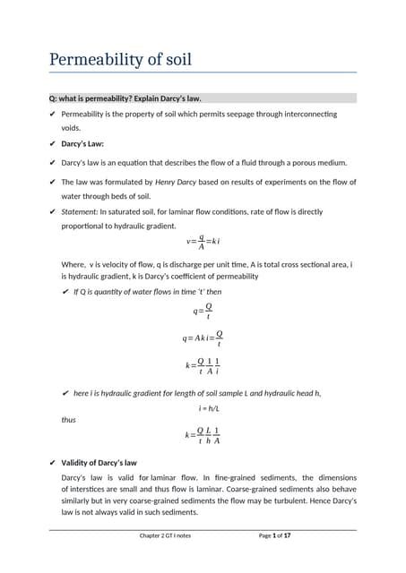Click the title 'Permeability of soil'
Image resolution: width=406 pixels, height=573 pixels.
119,61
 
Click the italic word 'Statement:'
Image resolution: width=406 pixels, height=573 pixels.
80,212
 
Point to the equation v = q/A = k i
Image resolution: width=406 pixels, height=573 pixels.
203,242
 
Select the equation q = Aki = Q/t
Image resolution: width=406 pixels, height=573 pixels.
203,338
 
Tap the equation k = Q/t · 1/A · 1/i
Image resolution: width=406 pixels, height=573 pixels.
203,366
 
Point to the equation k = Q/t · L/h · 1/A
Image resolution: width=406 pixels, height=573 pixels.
203,435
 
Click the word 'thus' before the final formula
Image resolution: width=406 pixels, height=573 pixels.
69,419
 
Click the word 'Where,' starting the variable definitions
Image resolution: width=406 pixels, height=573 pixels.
73,264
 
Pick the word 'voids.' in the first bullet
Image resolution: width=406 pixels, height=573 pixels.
71,128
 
